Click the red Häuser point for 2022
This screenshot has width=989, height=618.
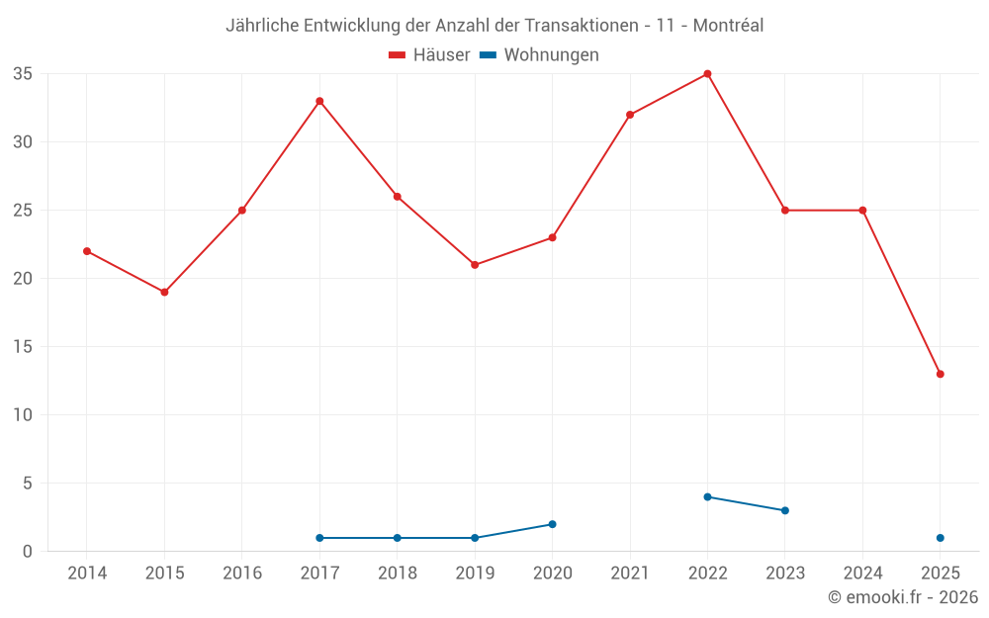point(707,74)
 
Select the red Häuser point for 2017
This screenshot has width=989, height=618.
point(319,101)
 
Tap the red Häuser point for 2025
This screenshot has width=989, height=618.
point(940,374)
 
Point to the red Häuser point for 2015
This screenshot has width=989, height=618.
point(164,292)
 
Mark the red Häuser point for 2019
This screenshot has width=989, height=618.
point(475,265)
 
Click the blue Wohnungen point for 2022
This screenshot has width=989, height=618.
point(707,496)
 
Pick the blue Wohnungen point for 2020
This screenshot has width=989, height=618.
point(552,524)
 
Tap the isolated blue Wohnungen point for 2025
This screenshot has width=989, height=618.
point(940,538)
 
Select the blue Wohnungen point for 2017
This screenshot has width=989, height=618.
point(319,538)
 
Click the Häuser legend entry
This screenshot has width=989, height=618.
point(430,55)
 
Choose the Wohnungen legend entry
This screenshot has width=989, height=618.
point(539,55)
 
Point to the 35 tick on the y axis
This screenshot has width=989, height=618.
point(23,74)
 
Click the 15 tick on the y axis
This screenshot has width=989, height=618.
point(23,347)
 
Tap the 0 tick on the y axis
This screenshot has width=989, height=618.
point(28,551)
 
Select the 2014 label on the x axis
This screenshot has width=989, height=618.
point(87,574)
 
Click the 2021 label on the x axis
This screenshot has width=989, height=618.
point(630,574)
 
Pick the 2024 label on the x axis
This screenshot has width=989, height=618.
point(862,574)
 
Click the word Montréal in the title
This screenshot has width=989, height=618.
point(728,26)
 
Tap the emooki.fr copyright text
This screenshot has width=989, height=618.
point(902,597)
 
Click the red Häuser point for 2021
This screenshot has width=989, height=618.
point(630,115)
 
